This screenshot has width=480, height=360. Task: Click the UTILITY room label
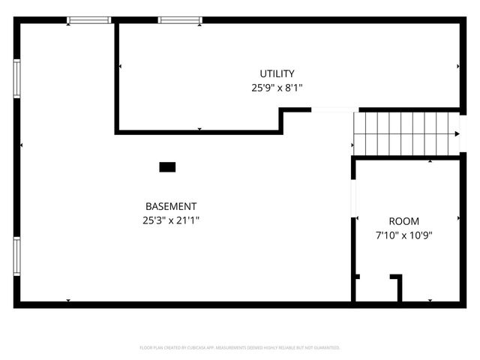(277, 73)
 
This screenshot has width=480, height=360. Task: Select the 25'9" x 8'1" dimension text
(277, 87)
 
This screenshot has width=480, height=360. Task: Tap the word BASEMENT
(171, 206)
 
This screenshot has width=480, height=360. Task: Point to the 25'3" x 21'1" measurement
(171, 220)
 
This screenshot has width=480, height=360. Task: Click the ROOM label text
(403, 221)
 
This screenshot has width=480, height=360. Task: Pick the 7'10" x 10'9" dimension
(403, 235)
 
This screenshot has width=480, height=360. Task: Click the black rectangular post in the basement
(167, 167)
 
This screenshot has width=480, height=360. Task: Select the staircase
(405, 133)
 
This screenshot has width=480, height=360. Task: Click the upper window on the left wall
(16, 79)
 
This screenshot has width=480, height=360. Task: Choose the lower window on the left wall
(16, 256)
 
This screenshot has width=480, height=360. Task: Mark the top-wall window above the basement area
(89, 20)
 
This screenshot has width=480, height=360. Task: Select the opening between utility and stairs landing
(332, 111)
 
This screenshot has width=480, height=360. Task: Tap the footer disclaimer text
(240, 348)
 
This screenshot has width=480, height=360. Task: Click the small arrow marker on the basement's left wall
(22, 145)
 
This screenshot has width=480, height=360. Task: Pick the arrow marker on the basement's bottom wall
(68, 301)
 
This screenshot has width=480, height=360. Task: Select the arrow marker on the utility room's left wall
(120, 67)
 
